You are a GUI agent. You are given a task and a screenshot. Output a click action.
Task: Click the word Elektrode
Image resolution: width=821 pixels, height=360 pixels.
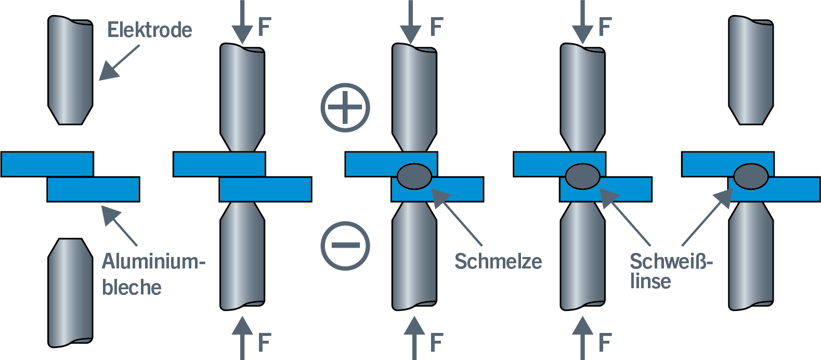pyautogui.click(x=149, y=30)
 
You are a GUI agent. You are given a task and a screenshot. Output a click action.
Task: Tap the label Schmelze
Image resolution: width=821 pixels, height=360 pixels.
pyautogui.click(x=498, y=261)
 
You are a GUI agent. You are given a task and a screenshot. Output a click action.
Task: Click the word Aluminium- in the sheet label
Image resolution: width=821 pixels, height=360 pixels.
pyautogui.click(x=153, y=261)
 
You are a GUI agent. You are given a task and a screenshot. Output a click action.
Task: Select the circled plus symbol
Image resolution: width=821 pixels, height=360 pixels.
pyautogui.click(x=345, y=107)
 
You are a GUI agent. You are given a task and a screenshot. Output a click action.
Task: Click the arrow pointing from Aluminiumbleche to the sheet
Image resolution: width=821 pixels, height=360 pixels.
pyautogui.click(x=119, y=225)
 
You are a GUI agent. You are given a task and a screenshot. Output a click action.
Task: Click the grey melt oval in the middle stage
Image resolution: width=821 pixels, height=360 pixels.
pyautogui.click(x=414, y=176)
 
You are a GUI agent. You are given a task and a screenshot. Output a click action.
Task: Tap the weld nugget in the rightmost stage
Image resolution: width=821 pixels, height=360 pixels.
pyautogui.click(x=751, y=176)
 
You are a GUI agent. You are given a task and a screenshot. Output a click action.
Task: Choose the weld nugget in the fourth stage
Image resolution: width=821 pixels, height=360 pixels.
pyautogui.click(x=582, y=176)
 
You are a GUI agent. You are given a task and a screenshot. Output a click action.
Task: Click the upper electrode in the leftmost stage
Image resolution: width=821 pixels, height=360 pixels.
pyautogui.click(x=71, y=70)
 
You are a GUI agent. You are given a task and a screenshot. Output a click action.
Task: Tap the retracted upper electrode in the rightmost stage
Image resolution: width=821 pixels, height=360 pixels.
pyautogui.click(x=751, y=70)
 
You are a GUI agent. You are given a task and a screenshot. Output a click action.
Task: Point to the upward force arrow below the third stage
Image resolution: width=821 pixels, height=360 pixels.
pyautogui.click(x=414, y=338)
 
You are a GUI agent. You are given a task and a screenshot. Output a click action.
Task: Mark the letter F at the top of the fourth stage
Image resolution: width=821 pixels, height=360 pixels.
pyautogui.click(x=605, y=27)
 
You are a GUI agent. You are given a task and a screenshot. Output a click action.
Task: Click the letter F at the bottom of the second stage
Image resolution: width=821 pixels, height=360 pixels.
pyautogui.click(x=265, y=343)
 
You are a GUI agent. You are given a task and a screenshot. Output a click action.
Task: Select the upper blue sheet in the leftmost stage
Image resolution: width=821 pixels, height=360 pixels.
pyautogui.click(x=47, y=164)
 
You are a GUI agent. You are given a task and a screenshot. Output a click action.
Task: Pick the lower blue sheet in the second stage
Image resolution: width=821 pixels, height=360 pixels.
pyautogui.click(x=265, y=189)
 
